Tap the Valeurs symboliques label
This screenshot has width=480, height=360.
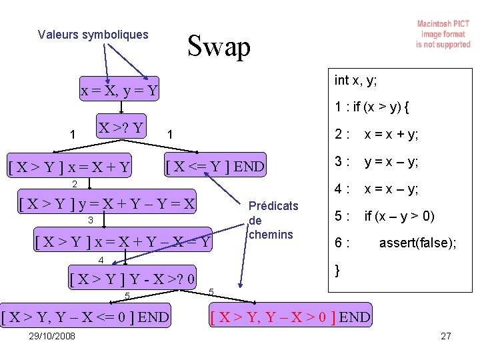click(x=93, y=34)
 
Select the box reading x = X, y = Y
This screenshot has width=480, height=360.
click(x=119, y=90)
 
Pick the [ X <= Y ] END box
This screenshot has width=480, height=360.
click(x=215, y=165)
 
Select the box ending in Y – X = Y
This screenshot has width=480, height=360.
click(x=122, y=242)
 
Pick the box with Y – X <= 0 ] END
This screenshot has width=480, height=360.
click(x=85, y=317)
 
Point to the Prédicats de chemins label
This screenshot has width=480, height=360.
click(x=271, y=220)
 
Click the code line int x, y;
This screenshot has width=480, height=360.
click(x=355, y=81)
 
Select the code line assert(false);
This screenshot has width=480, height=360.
click(x=417, y=243)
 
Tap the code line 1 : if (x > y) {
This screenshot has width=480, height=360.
click(x=372, y=107)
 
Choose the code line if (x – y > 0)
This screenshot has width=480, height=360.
click(x=399, y=216)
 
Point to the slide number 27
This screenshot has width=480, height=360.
click(x=446, y=335)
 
